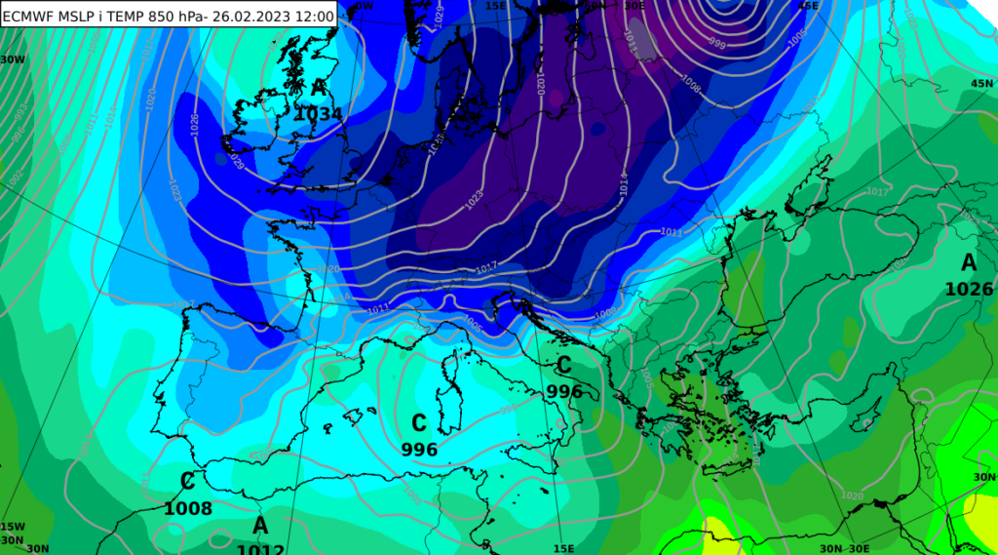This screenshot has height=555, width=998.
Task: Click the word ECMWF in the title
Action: [x=30, y=15]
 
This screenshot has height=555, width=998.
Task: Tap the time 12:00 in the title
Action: [x=314, y=15]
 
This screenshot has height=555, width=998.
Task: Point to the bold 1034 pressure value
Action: [x=318, y=114]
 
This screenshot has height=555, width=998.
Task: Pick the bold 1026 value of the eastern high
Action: [x=969, y=289]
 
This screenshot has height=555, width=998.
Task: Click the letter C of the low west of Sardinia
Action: [x=419, y=423]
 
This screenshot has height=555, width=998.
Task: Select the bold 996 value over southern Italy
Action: [x=564, y=391]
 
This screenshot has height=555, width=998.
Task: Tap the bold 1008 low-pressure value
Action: [x=188, y=508]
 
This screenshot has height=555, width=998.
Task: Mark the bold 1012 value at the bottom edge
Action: [x=260, y=547]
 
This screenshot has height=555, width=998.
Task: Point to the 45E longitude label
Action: [x=808, y=6]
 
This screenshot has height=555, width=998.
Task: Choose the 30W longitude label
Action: [x=13, y=59]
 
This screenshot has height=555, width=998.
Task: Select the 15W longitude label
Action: [x=12, y=527]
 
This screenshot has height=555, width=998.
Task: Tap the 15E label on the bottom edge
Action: [x=563, y=548]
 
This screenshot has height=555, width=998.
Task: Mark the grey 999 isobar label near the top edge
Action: [x=716, y=44]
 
